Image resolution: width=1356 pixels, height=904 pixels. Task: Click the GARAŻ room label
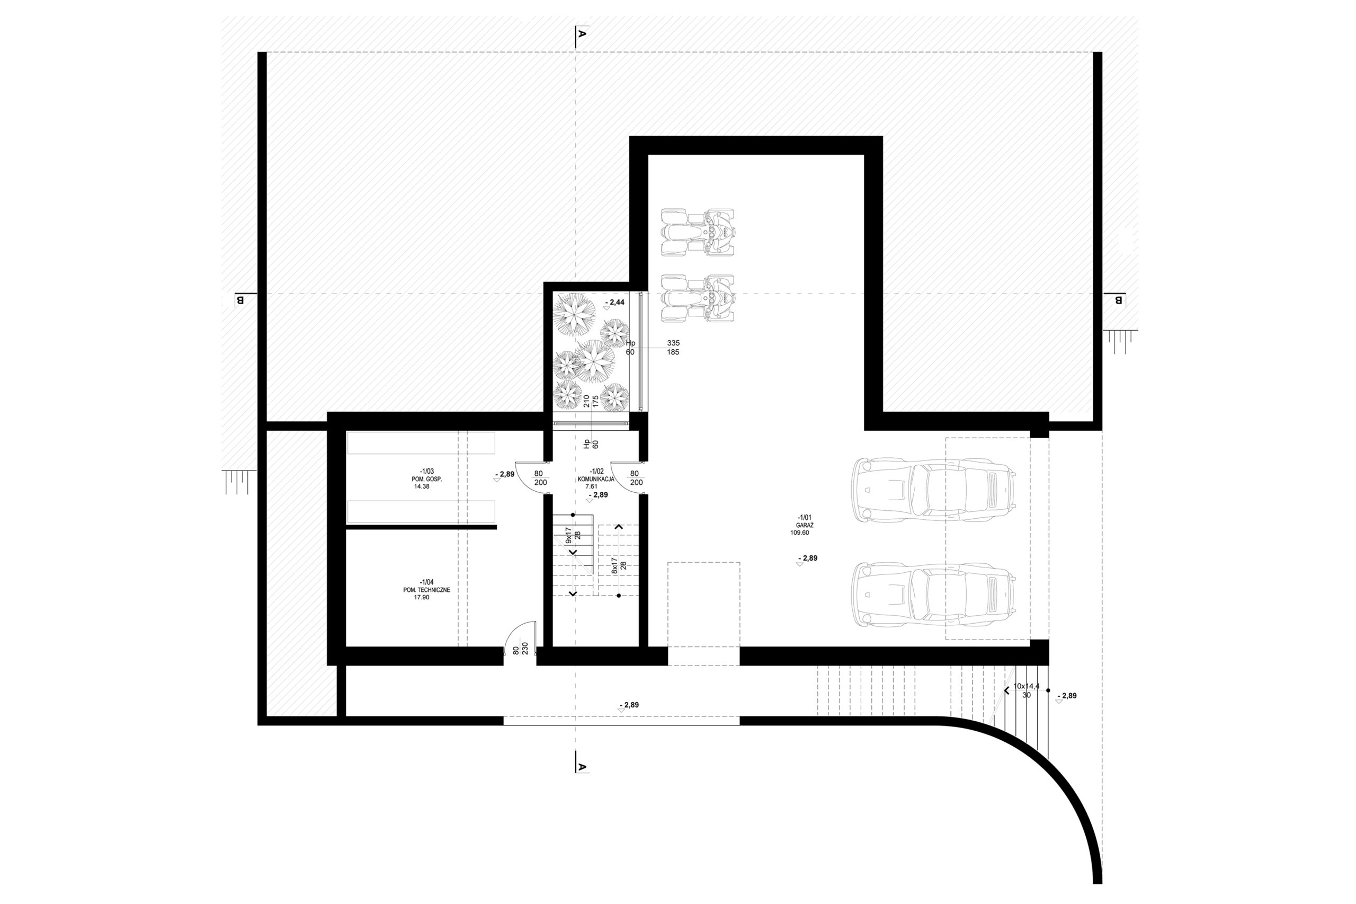click(x=805, y=525)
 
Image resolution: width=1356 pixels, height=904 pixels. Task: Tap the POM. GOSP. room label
click(x=427, y=479)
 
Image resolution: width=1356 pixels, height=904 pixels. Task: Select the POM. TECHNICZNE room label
click(x=427, y=590)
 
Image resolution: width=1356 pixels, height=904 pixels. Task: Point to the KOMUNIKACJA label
click(x=596, y=479)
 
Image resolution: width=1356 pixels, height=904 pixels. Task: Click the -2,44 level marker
click(x=614, y=302)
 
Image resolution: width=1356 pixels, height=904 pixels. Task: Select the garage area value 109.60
click(x=800, y=533)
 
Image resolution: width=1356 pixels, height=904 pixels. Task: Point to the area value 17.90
click(x=422, y=597)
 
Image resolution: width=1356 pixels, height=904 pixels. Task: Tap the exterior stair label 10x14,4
click(x=1027, y=686)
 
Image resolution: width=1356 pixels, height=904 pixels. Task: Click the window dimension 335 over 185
click(x=673, y=347)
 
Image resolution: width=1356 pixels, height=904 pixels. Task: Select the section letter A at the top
click(x=582, y=34)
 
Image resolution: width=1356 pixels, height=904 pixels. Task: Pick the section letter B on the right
click(x=1119, y=300)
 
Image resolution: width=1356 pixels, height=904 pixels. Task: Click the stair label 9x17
click(x=569, y=536)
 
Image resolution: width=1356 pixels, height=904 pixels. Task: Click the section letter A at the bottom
click(x=582, y=767)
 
